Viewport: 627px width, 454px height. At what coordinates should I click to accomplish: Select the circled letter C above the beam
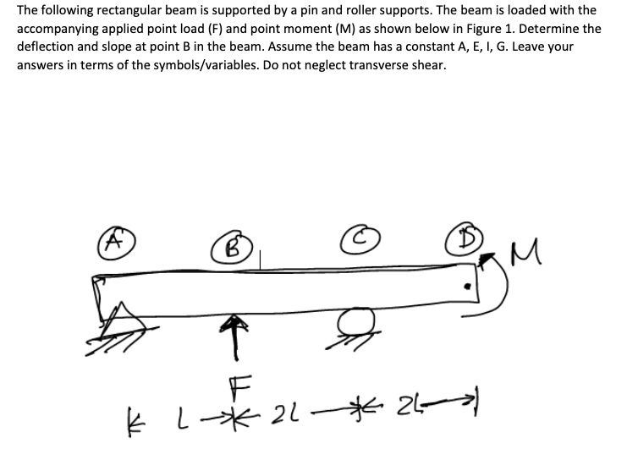(x=356, y=239)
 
